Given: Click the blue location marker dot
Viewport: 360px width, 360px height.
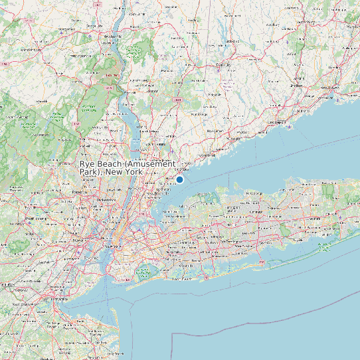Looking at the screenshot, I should pyautogui.click(x=179, y=179).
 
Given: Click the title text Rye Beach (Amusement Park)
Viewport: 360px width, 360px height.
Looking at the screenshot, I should pyautogui.click(x=128, y=167).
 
